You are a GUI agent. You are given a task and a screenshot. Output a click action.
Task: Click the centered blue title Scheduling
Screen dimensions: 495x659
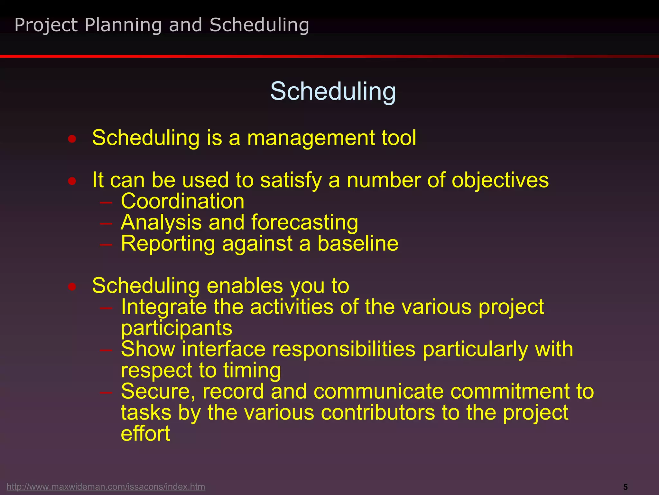(x=333, y=92)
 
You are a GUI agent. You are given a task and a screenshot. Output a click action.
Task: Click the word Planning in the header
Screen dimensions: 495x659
(x=123, y=25)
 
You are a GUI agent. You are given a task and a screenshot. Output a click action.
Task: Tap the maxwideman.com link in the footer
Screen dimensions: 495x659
(x=106, y=486)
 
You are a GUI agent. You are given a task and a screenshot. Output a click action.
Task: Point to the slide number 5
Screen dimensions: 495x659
(x=625, y=487)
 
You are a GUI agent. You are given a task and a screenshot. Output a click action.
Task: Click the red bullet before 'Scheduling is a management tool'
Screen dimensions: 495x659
(x=72, y=139)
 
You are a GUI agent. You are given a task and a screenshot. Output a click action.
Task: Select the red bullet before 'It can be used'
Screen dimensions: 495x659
(x=72, y=181)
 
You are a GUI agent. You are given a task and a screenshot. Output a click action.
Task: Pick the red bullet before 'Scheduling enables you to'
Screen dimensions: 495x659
(x=72, y=286)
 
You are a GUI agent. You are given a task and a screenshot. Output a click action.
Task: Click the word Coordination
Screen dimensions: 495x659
(x=182, y=201)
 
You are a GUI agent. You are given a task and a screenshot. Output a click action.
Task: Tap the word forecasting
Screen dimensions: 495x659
(x=304, y=223)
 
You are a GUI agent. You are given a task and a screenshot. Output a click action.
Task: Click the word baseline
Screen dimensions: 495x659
(x=358, y=243)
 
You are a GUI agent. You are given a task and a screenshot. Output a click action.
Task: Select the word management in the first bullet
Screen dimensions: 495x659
(x=311, y=138)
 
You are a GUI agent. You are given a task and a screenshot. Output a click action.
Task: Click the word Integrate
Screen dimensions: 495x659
(x=164, y=307)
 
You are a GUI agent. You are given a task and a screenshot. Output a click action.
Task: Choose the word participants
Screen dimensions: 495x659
(x=176, y=328)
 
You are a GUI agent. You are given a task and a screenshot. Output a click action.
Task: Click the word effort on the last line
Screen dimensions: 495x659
(x=145, y=433)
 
